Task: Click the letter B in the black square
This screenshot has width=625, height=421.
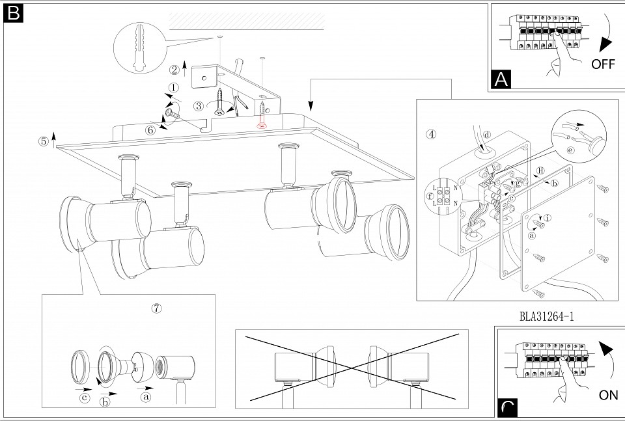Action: coord(13,13)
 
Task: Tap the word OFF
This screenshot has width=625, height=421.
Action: coord(604,64)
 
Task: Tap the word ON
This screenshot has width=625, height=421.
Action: coord(608,395)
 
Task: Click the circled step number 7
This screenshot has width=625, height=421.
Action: coord(156,308)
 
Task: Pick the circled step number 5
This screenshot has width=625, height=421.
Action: coord(43,141)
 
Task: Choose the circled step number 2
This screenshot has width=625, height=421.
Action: coord(174,70)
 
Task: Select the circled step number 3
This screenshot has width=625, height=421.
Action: coord(198,106)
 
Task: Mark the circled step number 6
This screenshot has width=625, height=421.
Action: coord(150,129)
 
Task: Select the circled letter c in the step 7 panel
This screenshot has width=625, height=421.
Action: coord(84,398)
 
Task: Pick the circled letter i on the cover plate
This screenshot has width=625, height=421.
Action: coord(548,218)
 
